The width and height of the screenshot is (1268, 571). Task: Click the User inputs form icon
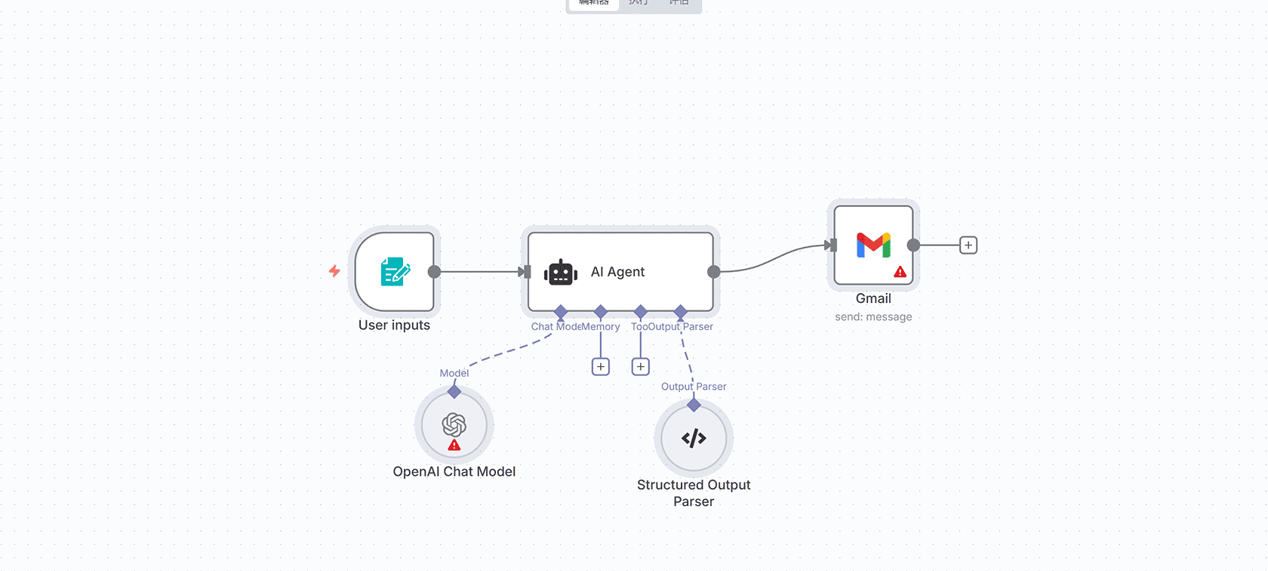(395, 272)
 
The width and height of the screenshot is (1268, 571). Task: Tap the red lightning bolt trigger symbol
(334, 270)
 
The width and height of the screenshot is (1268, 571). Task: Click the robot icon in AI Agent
(561, 273)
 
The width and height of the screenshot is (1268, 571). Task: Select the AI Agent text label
(617, 272)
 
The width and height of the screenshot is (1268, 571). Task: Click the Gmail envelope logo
(873, 245)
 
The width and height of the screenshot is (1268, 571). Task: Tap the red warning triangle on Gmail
(900, 272)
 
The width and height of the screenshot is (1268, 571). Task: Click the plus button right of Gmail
(968, 245)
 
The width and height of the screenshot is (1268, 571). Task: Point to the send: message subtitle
(873, 317)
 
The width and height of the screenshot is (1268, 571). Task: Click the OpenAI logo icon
(454, 424)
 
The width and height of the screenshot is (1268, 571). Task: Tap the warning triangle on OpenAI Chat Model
(454, 446)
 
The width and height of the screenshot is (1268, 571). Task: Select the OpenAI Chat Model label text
(454, 471)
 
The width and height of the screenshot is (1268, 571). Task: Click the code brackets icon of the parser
(694, 438)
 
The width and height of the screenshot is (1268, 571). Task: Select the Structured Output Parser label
(694, 492)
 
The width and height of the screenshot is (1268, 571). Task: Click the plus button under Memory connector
(601, 367)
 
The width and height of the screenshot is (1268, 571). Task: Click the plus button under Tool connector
(641, 367)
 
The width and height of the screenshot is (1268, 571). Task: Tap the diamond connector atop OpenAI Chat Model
(454, 391)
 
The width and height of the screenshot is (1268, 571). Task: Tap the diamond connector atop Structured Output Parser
(694, 405)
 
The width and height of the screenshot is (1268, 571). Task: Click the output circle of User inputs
(434, 272)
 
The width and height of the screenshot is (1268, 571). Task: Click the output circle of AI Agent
(713, 272)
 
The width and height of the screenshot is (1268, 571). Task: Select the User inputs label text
(394, 326)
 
